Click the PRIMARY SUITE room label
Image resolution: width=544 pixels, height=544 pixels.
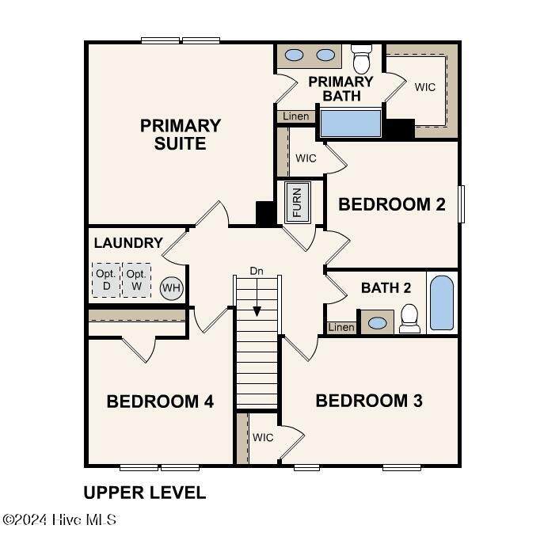click(181, 135)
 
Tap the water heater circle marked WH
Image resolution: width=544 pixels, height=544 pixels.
click(171, 287)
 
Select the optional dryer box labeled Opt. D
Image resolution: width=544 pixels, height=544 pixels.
click(106, 280)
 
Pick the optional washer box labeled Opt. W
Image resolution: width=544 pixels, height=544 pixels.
click(137, 280)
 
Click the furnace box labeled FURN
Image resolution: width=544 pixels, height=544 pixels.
click(298, 203)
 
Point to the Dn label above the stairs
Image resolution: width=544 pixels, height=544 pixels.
click(257, 271)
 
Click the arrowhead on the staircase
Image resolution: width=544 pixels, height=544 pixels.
click(257, 311)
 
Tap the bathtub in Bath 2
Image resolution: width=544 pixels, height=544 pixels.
click(442, 302)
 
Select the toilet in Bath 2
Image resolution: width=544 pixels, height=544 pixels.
click(409, 318)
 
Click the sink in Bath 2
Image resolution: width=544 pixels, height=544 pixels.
click(377, 323)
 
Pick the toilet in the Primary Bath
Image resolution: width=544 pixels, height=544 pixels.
click(362, 59)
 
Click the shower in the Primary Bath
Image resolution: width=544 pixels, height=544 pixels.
click(351, 124)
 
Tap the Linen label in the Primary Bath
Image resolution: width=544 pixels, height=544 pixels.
click(296, 116)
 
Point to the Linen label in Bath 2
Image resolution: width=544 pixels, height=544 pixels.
click(341, 327)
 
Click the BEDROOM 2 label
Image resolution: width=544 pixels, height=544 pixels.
click(392, 204)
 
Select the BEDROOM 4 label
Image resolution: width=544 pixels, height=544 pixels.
click(160, 401)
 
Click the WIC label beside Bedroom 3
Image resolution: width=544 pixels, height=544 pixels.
click(263, 437)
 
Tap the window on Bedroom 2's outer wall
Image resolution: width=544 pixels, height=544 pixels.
click(462, 204)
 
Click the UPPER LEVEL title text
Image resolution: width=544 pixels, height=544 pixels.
click(145, 493)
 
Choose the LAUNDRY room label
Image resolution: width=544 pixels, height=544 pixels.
click(128, 243)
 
